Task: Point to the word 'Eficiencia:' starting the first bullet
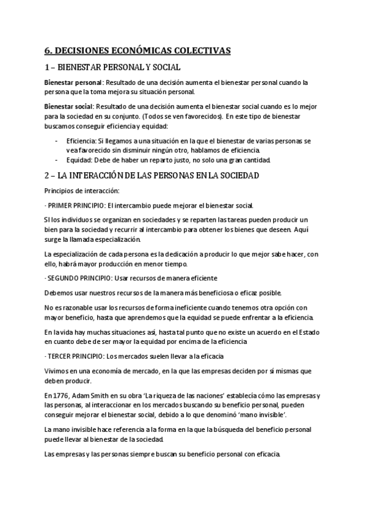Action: [83, 140]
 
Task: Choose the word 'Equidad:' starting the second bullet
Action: [79, 160]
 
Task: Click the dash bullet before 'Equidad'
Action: [56, 160]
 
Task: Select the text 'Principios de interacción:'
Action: [77, 191]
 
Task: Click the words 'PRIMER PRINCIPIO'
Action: [75, 205]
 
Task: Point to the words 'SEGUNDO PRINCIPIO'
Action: [78, 278]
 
